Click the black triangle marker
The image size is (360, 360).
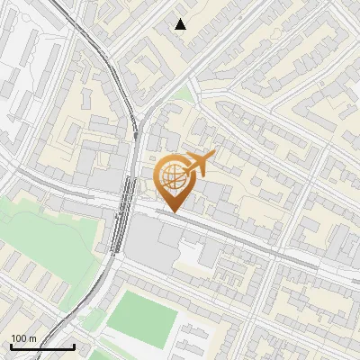tap(180, 24)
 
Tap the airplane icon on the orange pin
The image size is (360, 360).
tap(200, 164)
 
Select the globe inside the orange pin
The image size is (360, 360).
tap(175, 177)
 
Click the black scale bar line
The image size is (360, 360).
tap(42, 346)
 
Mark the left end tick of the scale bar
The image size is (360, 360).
tap(11, 346)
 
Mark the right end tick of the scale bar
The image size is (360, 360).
tap(74, 346)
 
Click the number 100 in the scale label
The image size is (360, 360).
tap(19, 338)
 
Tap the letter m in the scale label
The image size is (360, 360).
tap(32, 338)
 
